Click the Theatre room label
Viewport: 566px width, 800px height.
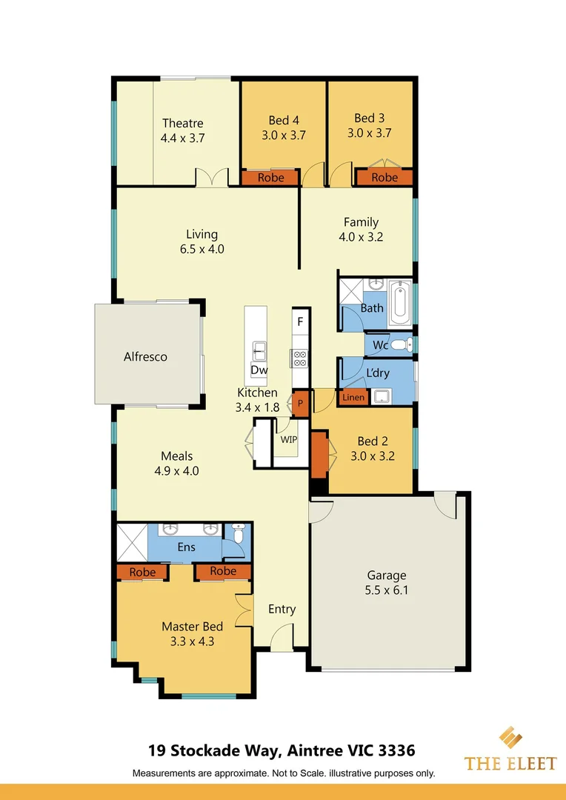coord(182,123)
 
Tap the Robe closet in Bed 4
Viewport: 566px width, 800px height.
coord(270,178)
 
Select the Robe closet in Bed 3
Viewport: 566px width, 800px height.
coord(384,178)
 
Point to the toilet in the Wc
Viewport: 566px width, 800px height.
coord(400,344)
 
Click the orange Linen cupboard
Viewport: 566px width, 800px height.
coord(353,398)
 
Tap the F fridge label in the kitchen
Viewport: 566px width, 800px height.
coord(300,321)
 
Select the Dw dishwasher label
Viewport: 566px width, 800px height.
coord(259,370)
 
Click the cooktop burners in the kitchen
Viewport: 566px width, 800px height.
coord(300,359)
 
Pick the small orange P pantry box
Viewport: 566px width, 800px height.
coord(301,404)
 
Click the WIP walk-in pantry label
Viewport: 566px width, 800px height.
coord(288,439)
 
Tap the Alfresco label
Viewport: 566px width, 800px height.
coord(145,356)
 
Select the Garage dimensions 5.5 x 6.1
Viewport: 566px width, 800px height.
coord(387,590)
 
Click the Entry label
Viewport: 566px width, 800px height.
coord(282,609)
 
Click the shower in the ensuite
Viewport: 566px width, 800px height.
coord(132,543)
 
